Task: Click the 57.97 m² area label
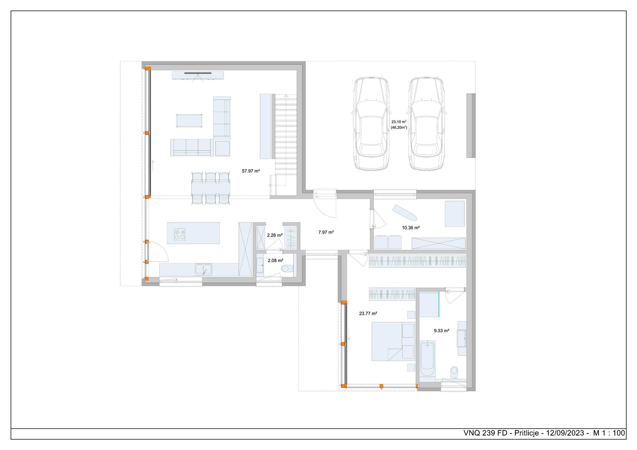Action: point(251,171)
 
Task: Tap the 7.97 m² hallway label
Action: point(326,232)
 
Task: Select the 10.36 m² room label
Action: point(410,228)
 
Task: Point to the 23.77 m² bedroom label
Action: point(368,314)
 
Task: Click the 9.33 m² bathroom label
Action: point(441,331)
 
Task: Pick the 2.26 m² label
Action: point(274,235)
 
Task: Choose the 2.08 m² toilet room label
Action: point(275,261)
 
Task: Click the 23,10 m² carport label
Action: point(399,122)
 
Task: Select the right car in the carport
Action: point(426,123)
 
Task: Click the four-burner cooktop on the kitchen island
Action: point(180,234)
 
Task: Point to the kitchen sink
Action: point(203,269)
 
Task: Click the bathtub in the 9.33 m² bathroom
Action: point(428,358)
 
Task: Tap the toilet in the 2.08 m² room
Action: point(285,269)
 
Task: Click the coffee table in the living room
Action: point(189,121)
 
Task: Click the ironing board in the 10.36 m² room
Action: point(404,212)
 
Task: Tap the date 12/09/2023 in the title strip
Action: point(565,433)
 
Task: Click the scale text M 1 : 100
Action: point(609,433)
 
